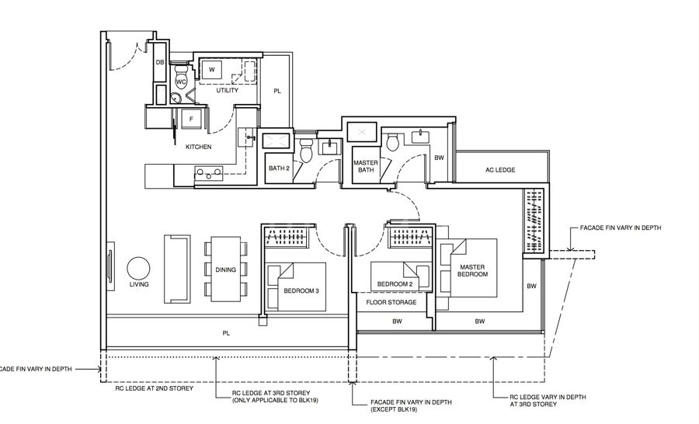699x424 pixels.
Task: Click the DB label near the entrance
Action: pos(160,62)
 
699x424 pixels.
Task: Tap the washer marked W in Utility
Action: pos(212,70)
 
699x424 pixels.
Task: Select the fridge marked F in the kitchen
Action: pos(191,119)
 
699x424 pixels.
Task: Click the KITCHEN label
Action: pos(198,147)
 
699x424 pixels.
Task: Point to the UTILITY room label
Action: pos(228,90)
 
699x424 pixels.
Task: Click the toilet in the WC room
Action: pos(181,77)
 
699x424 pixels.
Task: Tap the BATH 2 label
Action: pos(279,168)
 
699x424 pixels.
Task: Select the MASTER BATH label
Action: pos(366,166)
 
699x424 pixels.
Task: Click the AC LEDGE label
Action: pos(500,170)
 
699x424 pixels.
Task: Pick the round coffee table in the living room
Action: pos(138,269)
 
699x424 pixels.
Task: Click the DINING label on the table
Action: pos(225,269)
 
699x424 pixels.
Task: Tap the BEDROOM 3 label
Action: pos(301,291)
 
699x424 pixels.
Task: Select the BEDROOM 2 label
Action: pos(395,284)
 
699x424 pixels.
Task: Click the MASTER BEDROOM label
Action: pos(472,270)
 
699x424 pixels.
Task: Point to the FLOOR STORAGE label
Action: pos(391,302)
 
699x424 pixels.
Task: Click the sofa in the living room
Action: pos(177,269)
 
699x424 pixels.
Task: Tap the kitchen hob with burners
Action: pos(209,173)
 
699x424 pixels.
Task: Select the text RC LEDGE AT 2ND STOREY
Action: pos(155,388)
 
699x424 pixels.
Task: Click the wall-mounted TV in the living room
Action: pos(110,266)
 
